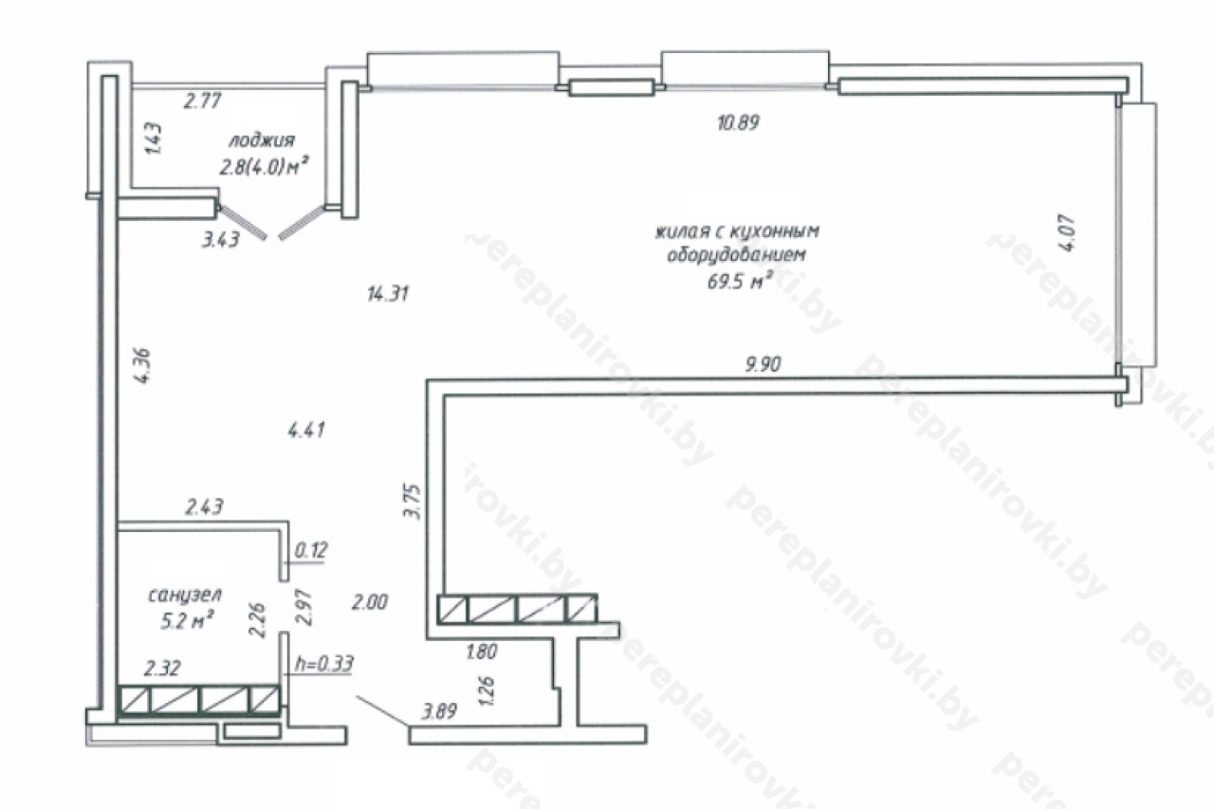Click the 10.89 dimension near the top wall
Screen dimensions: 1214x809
(x=738, y=123)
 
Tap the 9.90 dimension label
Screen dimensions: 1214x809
(x=763, y=364)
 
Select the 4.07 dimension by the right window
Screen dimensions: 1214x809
(x=1067, y=233)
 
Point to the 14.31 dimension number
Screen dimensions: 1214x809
(x=388, y=294)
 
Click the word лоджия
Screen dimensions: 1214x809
(x=262, y=141)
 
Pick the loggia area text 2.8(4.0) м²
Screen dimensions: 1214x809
(x=264, y=166)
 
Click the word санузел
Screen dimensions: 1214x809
(x=185, y=596)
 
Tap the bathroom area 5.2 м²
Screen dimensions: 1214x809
(x=186, y=620)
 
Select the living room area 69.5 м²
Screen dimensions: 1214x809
(x=740, y=281)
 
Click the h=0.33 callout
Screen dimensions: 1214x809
(x=324, y=663)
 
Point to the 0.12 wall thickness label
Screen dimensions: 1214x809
(x=311, y=550)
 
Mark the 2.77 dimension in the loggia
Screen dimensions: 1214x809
(x=202, y=101)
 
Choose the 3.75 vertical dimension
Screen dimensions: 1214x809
(x=413, y=502)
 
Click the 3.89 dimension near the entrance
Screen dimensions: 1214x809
(x=439, y=711)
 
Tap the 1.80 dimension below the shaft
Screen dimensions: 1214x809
(x=481, y=652)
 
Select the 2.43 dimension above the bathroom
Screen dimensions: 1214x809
(x=204, y=507)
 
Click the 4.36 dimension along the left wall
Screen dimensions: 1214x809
(x=142, y=366)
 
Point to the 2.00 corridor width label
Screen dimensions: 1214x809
(x=370, y=602)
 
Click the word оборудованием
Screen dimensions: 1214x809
(x=737, y=255)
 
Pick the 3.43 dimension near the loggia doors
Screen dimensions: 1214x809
(x=221, y=240)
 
